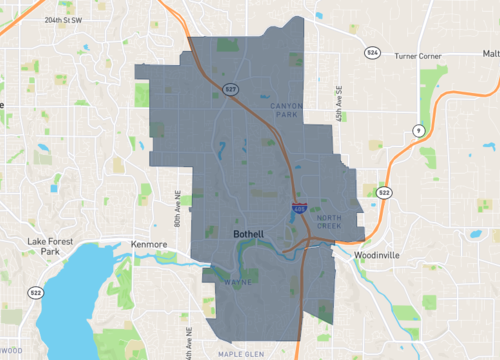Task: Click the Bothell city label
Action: tap(247, 234)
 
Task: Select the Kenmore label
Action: tap(150, 243)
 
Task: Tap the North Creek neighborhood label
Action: tap(328, 222)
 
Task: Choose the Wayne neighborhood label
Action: tap(237, 283)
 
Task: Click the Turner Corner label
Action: tap(417, 55)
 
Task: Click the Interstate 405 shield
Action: tap(298, 208)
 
